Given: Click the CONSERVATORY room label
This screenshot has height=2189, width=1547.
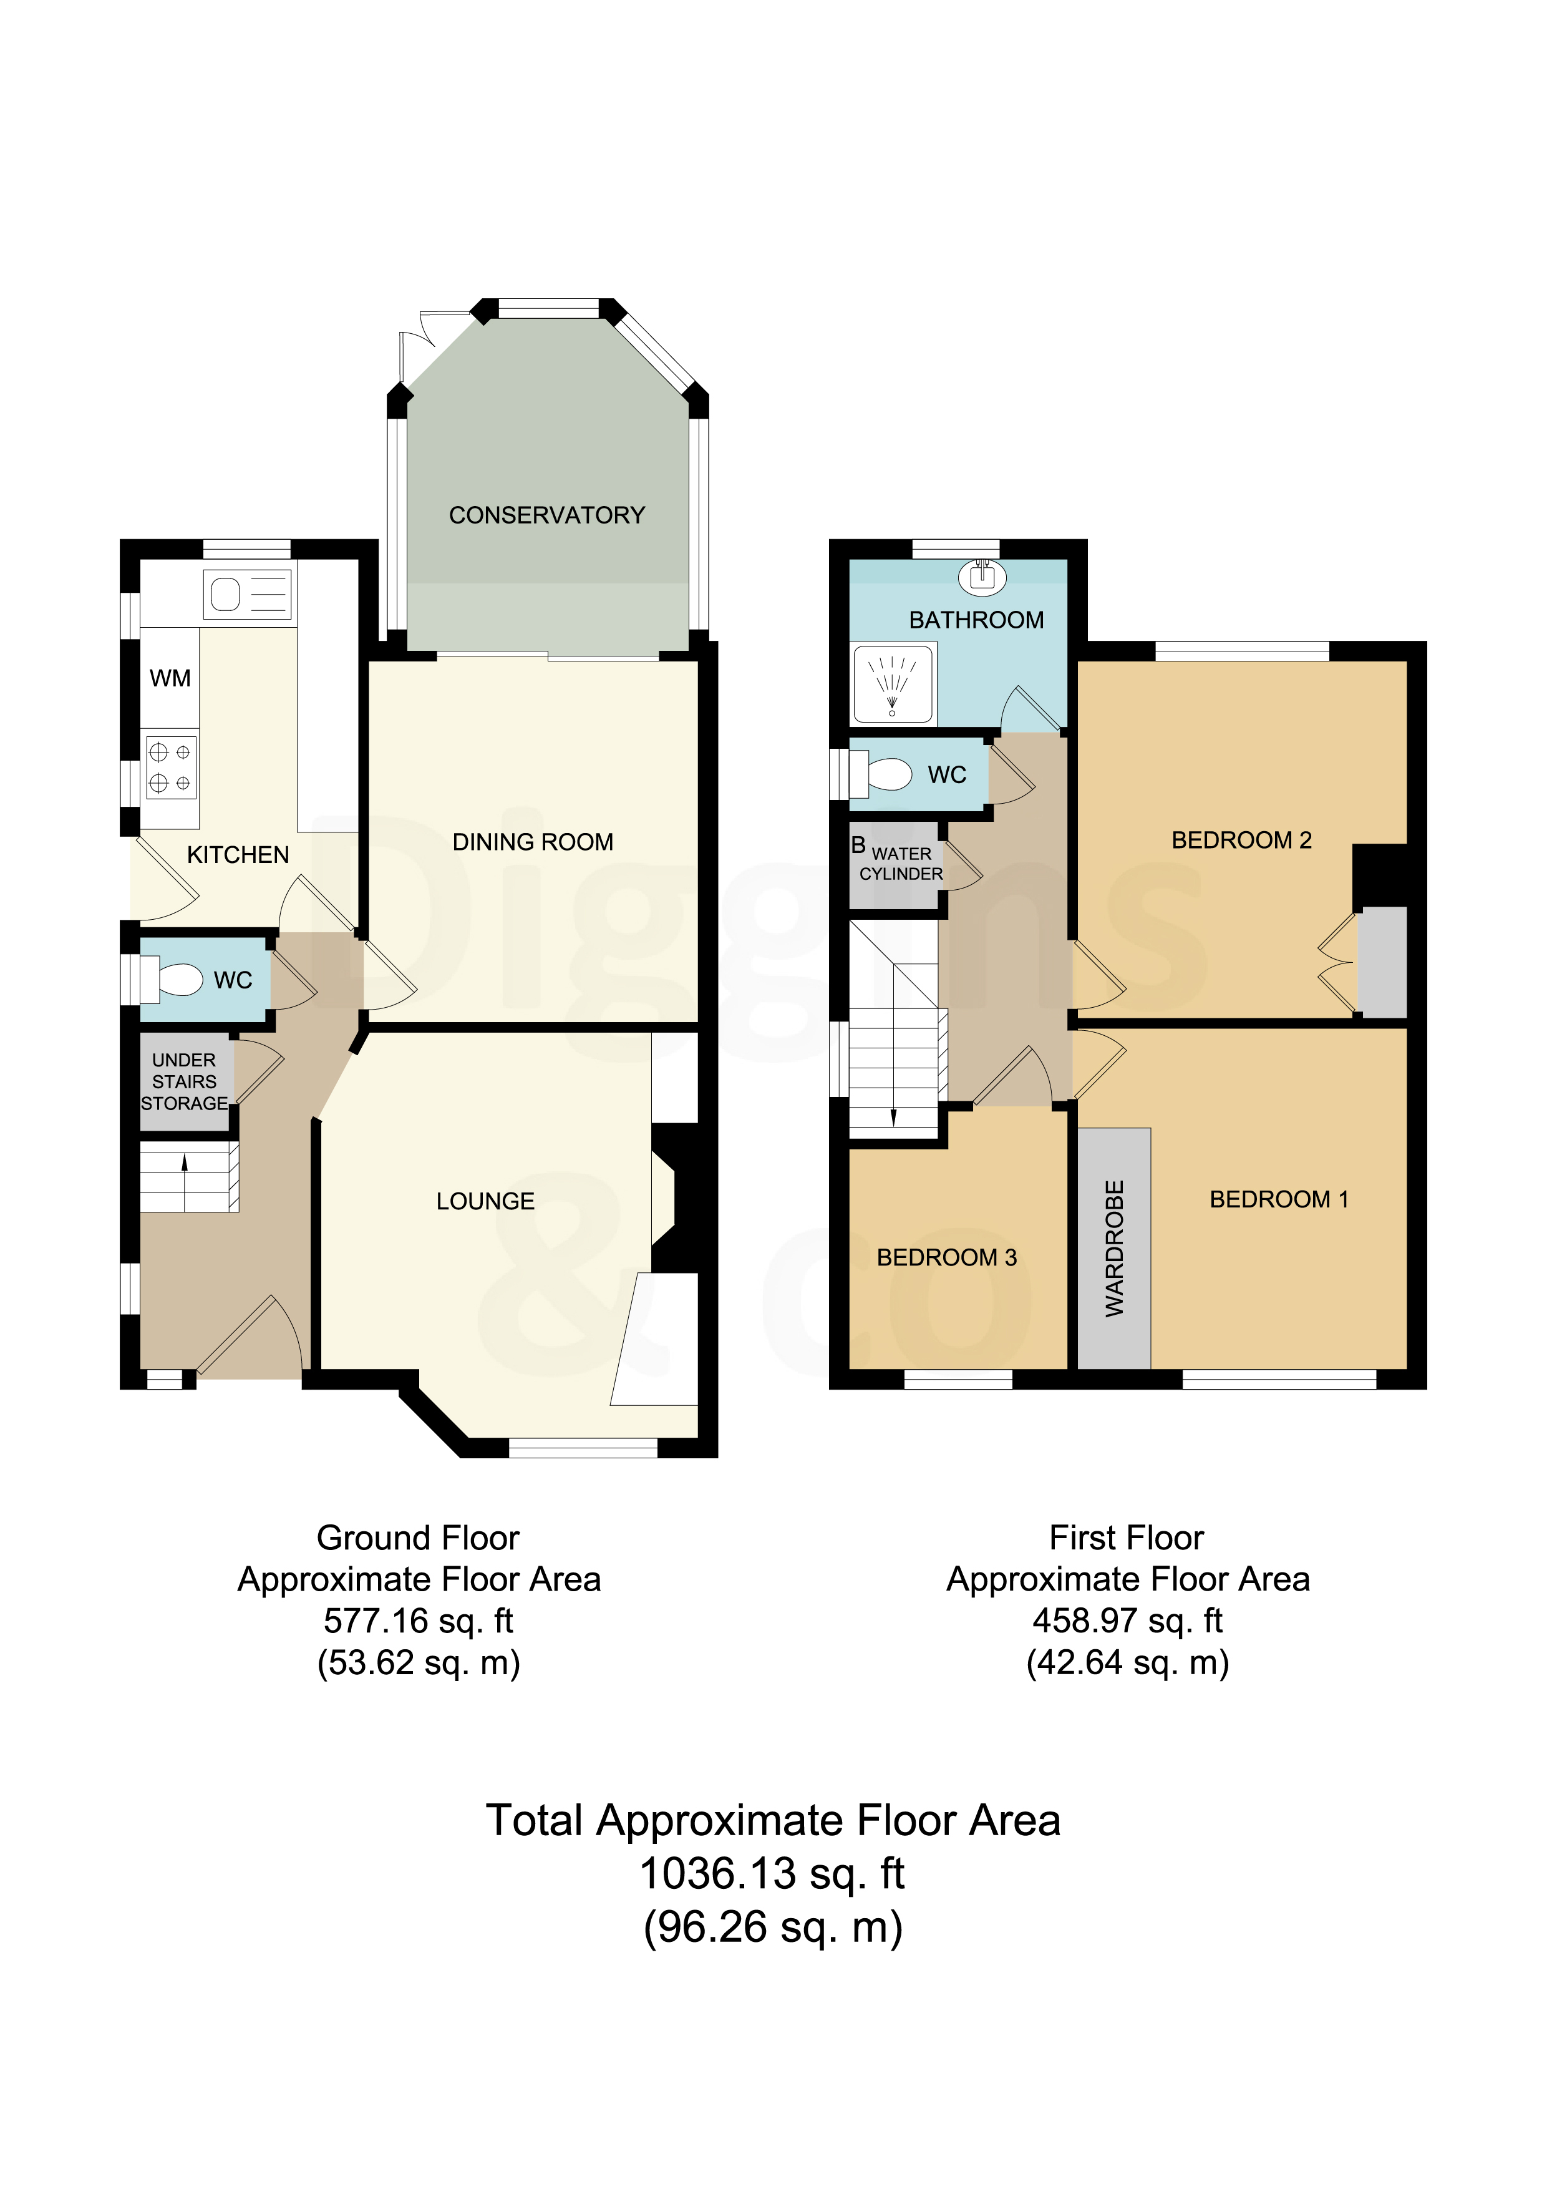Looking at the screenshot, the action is click(547, 515).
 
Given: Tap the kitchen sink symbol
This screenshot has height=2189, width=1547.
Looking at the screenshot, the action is click(247, 595).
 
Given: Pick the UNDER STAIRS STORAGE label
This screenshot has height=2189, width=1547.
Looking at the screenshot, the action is click(184, 1081).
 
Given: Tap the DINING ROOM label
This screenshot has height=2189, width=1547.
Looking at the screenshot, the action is click(533, 842).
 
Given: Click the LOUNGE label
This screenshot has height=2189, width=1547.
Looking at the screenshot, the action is click(485, 1201).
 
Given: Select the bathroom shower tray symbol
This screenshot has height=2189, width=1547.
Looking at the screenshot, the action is click(893, 683).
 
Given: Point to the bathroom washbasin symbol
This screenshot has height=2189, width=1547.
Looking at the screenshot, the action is click(982, 577).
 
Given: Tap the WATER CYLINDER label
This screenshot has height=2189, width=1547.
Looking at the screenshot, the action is click(901, 864).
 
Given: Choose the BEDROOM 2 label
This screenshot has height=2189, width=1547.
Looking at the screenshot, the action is click(1242, 840).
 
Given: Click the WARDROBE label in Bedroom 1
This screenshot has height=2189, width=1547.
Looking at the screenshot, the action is click(1114, 1249).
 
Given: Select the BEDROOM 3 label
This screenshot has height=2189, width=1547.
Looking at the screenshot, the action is click(948, 1257).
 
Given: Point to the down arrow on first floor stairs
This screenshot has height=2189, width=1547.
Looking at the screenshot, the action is click(894, 1118).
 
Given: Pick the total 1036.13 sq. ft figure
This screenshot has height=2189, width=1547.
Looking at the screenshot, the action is click(772, 1873).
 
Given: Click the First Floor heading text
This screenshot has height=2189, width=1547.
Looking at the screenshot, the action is click(1127, 1538).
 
